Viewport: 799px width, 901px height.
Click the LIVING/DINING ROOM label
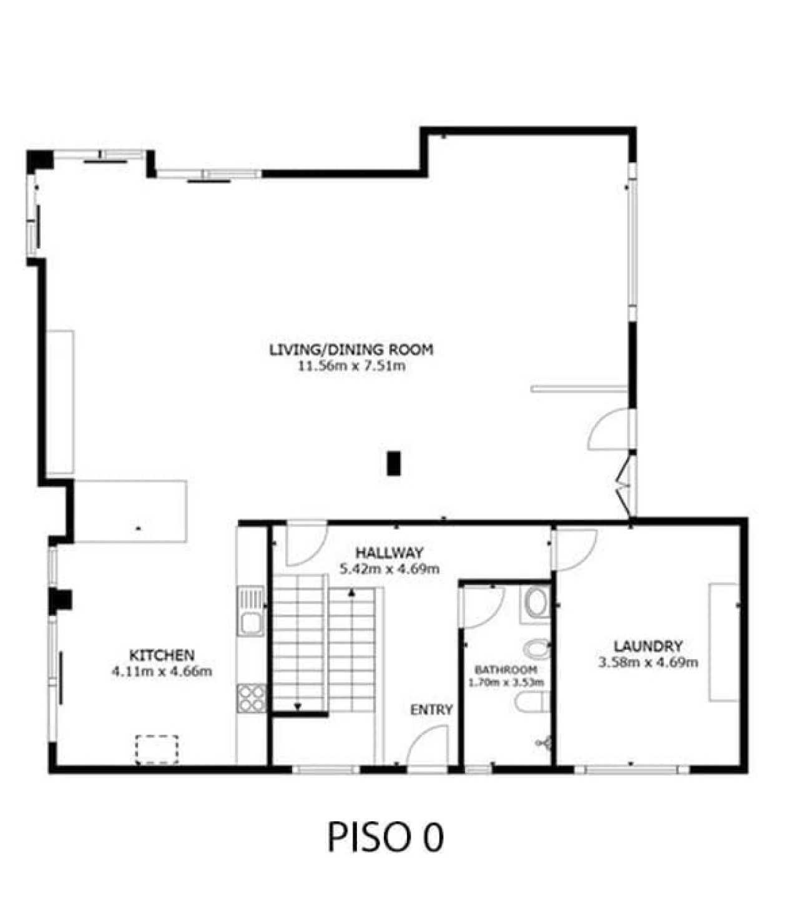click(x=351, y=349)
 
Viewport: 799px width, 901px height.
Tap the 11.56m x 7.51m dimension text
click(x=351, y=366)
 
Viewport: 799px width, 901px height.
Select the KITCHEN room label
click(x=162, y=655)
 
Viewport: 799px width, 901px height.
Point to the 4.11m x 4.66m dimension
click(x=162, y=671)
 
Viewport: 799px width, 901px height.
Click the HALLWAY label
click(x=390, y=553)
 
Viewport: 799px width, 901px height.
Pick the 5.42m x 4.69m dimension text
click(x=390, y=569)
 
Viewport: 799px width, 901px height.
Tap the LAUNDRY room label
click(x=648, y=646)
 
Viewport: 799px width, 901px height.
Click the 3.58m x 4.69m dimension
click(x=648, y=662)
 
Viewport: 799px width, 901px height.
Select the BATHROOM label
click(x=506, y=670)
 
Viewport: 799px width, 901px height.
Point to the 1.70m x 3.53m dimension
click(x=506, y=682)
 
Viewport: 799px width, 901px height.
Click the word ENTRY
click(x=431, y=710)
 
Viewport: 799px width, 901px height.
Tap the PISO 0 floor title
click(x=386, y=837)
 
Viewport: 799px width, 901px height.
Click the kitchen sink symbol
click(x=251, y=610)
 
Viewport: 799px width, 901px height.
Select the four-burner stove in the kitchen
click(x=252, y=698)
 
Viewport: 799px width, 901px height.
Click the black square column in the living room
click(x=393, y=463)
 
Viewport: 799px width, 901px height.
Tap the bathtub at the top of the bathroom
click(x=536, y=604)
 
